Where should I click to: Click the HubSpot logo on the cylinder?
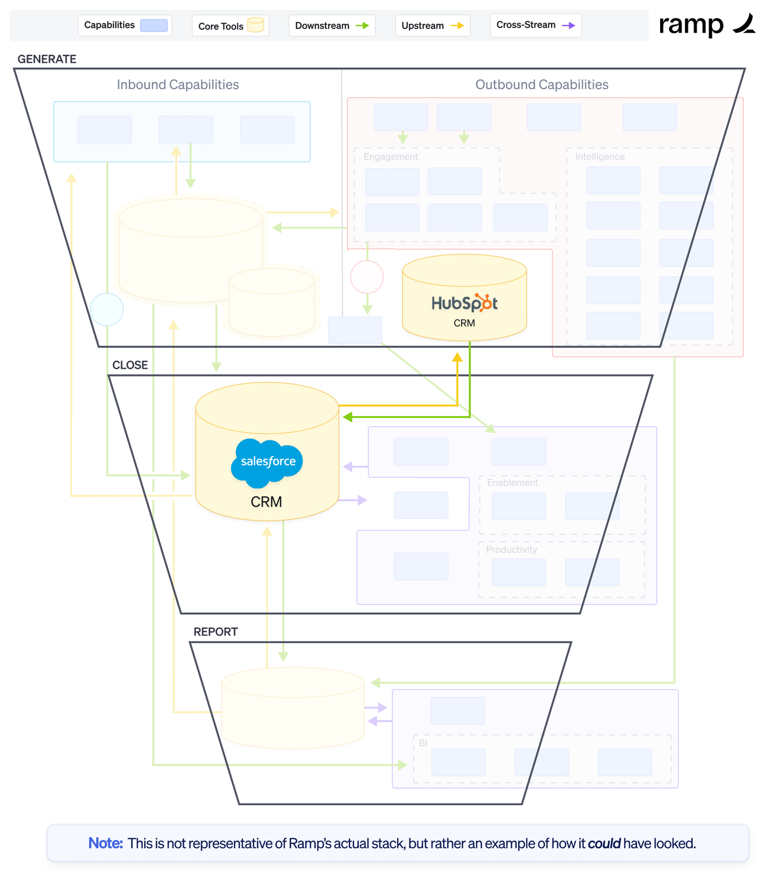[464, 303]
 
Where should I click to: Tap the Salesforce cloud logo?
[267, 462]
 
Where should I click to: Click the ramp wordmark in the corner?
[691, 25]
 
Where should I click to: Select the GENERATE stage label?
[47, 59]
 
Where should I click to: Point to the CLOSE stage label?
[130, 365]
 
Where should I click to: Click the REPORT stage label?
[216, 632]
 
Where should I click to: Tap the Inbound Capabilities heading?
[178, 85]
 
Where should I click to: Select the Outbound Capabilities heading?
[542, 85]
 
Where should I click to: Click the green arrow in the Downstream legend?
[362, 26]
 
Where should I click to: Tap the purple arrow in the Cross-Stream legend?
[568, 26]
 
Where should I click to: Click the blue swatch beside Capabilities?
[154, 26]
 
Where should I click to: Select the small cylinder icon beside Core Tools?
[256, 25]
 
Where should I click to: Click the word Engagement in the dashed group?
[391, 157]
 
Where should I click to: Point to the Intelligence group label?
[600, 157]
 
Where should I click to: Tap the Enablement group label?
[512, 483]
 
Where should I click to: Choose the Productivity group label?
[511, 550]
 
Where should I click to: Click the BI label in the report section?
[423, 743]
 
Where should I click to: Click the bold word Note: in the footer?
[105, 843]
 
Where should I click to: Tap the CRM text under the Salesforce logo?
[266, 502]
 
